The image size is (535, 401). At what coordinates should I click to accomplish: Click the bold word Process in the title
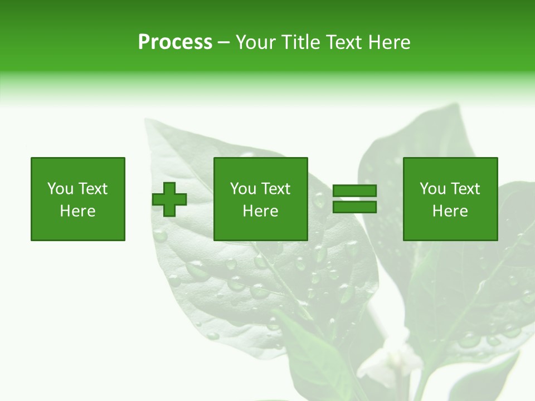(175, 42)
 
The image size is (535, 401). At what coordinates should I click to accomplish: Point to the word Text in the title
(344, 42)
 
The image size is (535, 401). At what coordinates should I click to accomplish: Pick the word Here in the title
(389, 42)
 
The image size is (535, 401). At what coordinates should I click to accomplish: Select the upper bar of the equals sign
(354, 191)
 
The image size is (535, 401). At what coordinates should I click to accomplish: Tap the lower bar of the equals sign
(354, 207)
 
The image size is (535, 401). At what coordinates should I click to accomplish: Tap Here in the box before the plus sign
(77, 211)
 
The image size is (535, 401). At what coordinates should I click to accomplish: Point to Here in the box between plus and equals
(260, 211)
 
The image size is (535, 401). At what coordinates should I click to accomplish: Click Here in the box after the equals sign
(450, 211)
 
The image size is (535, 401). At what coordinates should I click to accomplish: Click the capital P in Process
(144, 42)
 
